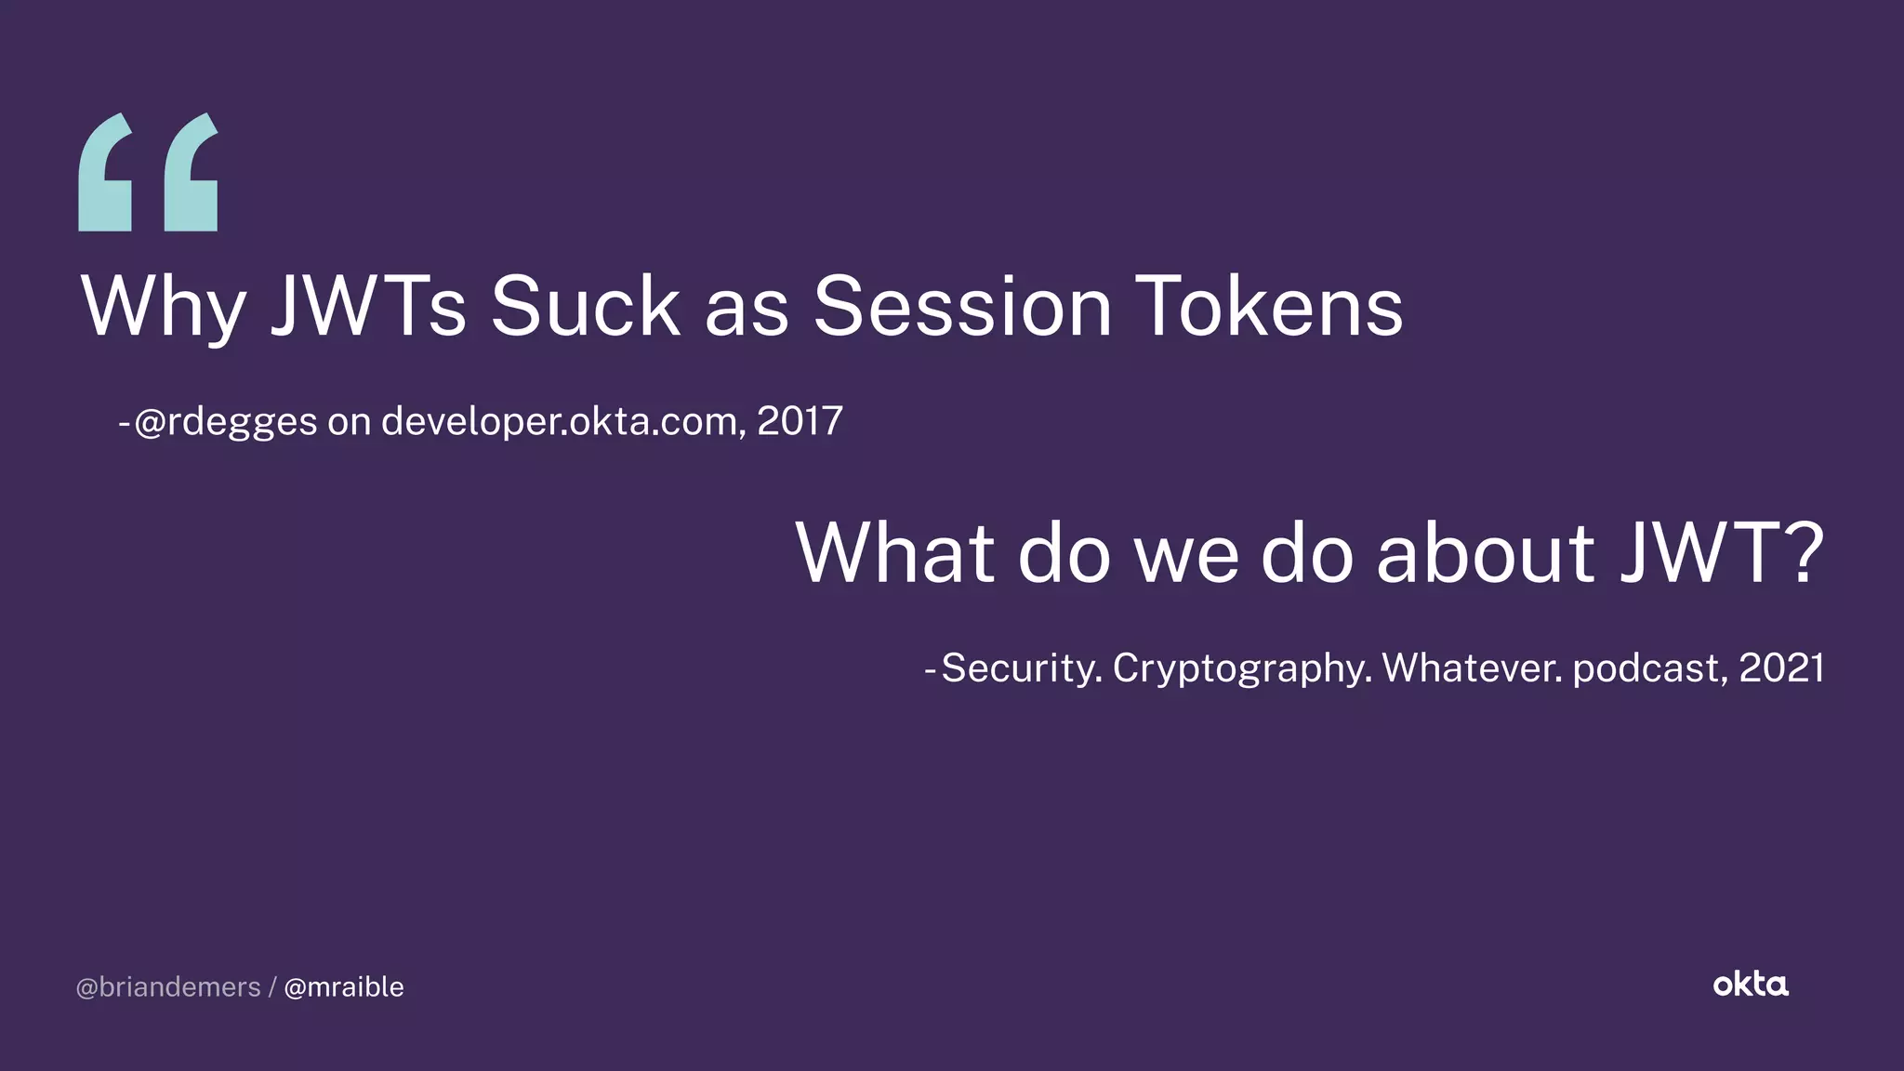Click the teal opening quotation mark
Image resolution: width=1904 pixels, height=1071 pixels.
(149, 173)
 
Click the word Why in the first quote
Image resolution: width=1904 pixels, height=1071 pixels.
(164, 307)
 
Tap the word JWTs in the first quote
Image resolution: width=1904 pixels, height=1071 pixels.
(368, 307)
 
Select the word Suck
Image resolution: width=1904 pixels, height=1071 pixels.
(585, 307)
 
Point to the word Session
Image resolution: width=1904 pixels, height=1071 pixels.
(962, 307)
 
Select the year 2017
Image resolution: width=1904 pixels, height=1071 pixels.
(800, 421)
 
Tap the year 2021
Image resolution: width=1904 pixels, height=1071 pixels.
(1781, 668)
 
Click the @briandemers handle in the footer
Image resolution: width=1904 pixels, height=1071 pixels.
(168, 987)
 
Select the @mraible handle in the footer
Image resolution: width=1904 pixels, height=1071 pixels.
(344, 987)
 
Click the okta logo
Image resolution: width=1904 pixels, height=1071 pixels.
(1751, 985)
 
